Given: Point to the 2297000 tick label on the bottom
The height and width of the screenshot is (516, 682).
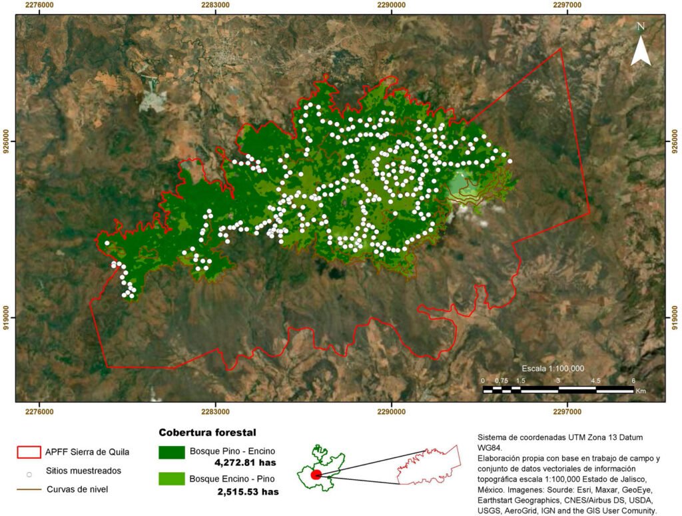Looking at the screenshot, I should tap(567, 411).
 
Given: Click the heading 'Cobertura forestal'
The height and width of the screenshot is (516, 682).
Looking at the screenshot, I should tap(207, 433).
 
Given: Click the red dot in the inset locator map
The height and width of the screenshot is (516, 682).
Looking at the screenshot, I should tap(316, 474).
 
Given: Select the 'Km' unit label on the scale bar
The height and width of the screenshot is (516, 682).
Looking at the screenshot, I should tap(641, 391).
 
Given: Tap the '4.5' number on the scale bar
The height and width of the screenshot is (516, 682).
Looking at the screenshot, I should tap(595, 380).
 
